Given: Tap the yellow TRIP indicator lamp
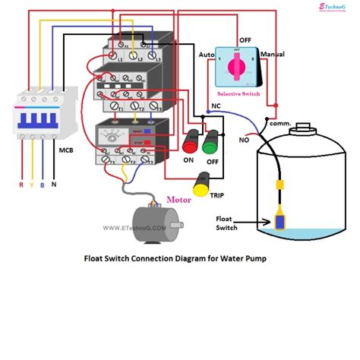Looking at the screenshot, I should [204, 182].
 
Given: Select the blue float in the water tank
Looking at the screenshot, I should [283, 220].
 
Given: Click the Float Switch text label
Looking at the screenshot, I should [227, 221].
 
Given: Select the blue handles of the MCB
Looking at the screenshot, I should [32, 121].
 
